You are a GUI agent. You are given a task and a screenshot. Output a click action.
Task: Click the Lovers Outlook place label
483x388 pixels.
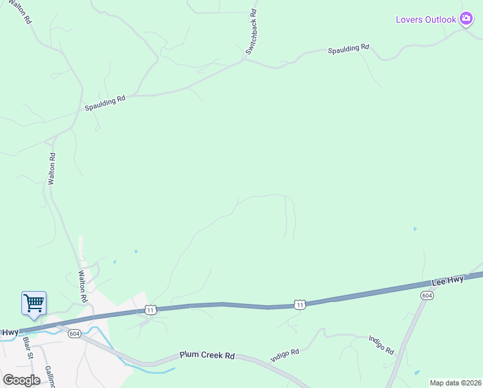tap(426, 19)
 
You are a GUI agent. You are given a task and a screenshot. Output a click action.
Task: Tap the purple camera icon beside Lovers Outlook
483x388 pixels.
tap(466, 19)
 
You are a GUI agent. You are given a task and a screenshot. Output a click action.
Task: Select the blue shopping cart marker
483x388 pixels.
tap(34, 303)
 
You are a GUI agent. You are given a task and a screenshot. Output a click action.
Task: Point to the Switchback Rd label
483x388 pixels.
tap(251, 30)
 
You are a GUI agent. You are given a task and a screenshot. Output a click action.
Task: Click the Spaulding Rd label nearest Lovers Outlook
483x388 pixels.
tap(348, 49)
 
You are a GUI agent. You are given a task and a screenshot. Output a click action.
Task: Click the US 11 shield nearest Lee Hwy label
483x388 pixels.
tap(299, 304)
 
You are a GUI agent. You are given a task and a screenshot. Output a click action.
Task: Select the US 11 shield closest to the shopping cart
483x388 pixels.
tap(150, 310)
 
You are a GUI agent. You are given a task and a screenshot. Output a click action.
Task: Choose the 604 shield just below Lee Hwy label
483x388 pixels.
tap(426, 295)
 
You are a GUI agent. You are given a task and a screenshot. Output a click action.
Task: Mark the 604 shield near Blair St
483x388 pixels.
tap(76, 334)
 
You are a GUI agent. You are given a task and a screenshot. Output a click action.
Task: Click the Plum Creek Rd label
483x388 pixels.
tap(207, 356)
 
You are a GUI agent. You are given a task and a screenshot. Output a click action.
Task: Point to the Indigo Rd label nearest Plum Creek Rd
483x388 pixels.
tap(285, 353)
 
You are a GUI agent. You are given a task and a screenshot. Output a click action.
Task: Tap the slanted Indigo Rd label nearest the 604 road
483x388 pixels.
tap(381, 344)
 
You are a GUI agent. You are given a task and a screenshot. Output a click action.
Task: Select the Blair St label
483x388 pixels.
tap(28, 347)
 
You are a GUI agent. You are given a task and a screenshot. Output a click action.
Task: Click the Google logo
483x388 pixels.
tap(21, 380)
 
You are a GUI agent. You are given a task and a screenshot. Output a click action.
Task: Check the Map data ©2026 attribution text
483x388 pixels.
tap(455, 383)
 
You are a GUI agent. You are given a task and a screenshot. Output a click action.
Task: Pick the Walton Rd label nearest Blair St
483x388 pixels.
tap(83, 287)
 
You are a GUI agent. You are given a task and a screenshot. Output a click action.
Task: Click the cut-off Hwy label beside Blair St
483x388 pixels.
tap(9, 332)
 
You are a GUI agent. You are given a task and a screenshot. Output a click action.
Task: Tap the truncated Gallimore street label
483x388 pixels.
tap(50, 377)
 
